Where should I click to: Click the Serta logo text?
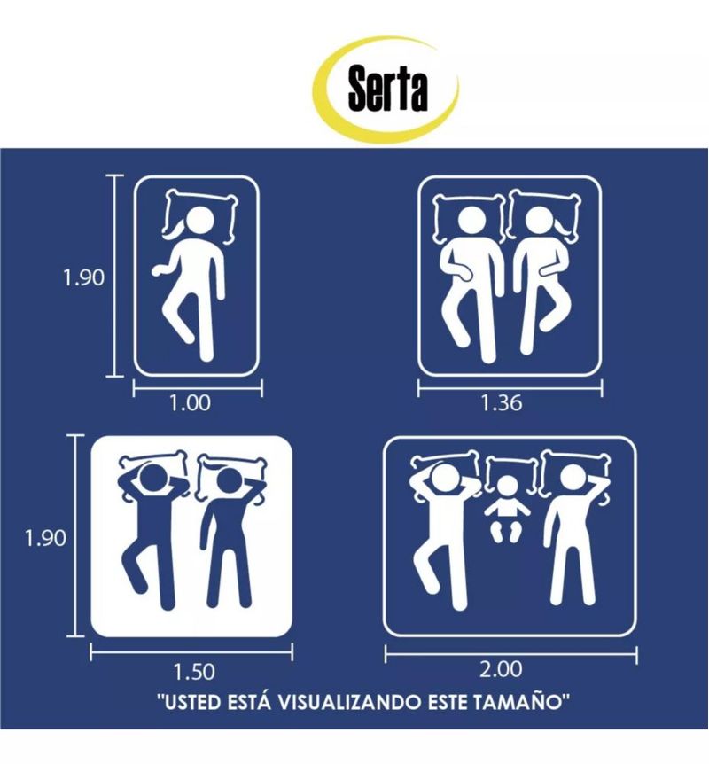388,89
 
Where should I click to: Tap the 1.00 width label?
190,403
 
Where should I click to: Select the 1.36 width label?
502,403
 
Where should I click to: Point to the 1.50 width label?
194,672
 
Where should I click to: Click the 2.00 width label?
501,669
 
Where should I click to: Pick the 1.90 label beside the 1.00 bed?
83,277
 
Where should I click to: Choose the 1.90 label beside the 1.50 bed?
45,538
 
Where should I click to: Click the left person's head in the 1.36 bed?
472,222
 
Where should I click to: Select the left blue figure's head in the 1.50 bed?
154,479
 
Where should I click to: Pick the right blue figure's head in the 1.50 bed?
230,484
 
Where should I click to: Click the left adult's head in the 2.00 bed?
446,479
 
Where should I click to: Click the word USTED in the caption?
192,703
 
